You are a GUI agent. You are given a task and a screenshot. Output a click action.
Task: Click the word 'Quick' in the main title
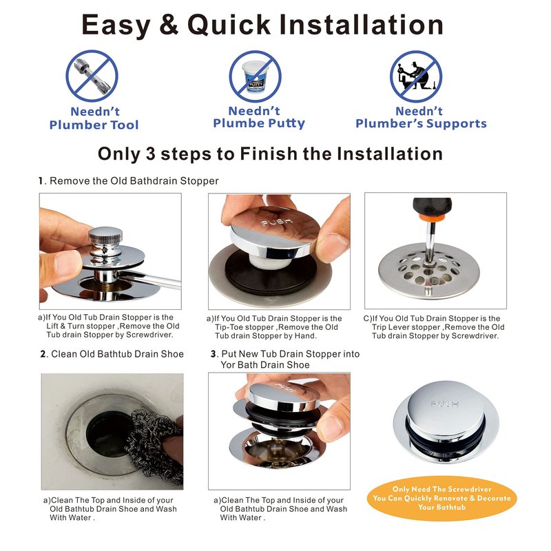(229, 25)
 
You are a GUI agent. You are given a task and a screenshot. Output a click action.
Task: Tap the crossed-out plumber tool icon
(92, 76)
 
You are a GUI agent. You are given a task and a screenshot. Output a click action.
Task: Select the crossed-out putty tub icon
(255, 76)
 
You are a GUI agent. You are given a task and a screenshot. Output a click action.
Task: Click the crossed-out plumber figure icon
(416, 76)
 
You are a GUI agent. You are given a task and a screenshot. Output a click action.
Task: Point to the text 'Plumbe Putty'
(259, 123)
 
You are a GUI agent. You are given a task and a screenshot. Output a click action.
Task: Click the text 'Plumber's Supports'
(421, 124)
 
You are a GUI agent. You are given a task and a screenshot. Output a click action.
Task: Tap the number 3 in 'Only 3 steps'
(150, 154)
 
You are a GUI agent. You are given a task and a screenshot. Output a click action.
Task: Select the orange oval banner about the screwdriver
(441, 498)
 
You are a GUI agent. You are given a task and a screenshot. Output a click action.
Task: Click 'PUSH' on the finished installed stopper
(444, 404)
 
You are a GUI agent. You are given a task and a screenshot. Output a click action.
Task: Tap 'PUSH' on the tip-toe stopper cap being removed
(277, 222)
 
